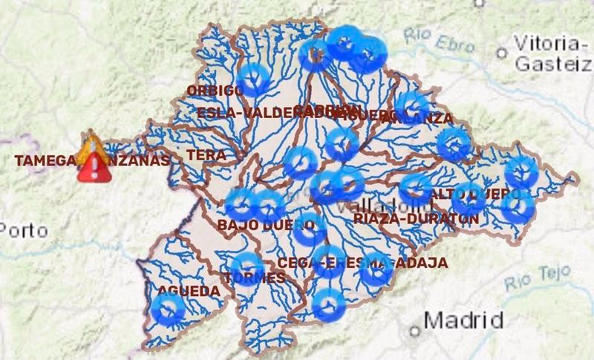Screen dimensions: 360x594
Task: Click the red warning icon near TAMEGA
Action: click(94, 168)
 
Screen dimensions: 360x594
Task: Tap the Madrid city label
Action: click(464, 321)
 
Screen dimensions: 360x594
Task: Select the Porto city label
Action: click(24, 230)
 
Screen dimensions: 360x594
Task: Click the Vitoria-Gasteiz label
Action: click(553, 53)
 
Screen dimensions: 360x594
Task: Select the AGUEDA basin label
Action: click(189, 292)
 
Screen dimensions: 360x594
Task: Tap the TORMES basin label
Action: click(255, 278)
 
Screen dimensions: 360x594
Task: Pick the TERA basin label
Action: click(206, 155)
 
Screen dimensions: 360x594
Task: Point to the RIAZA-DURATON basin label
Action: click(416, 219)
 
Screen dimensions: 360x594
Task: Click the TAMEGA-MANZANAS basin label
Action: click(93, 160)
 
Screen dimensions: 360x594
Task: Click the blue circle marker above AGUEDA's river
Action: click(168, 310)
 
